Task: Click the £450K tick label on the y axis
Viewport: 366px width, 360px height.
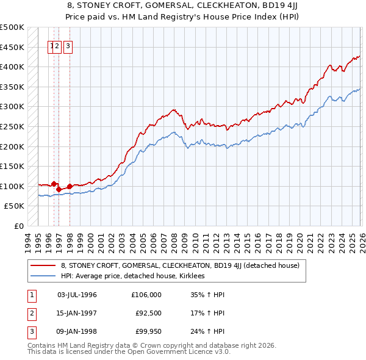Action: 12,47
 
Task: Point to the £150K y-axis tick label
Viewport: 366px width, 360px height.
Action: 12,166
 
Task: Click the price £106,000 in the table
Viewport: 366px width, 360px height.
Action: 146,295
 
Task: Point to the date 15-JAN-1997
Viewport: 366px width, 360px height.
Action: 77,313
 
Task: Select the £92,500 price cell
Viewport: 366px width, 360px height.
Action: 148,313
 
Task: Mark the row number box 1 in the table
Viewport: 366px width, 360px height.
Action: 30,295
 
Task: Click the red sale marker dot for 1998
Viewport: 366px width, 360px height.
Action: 70,186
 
